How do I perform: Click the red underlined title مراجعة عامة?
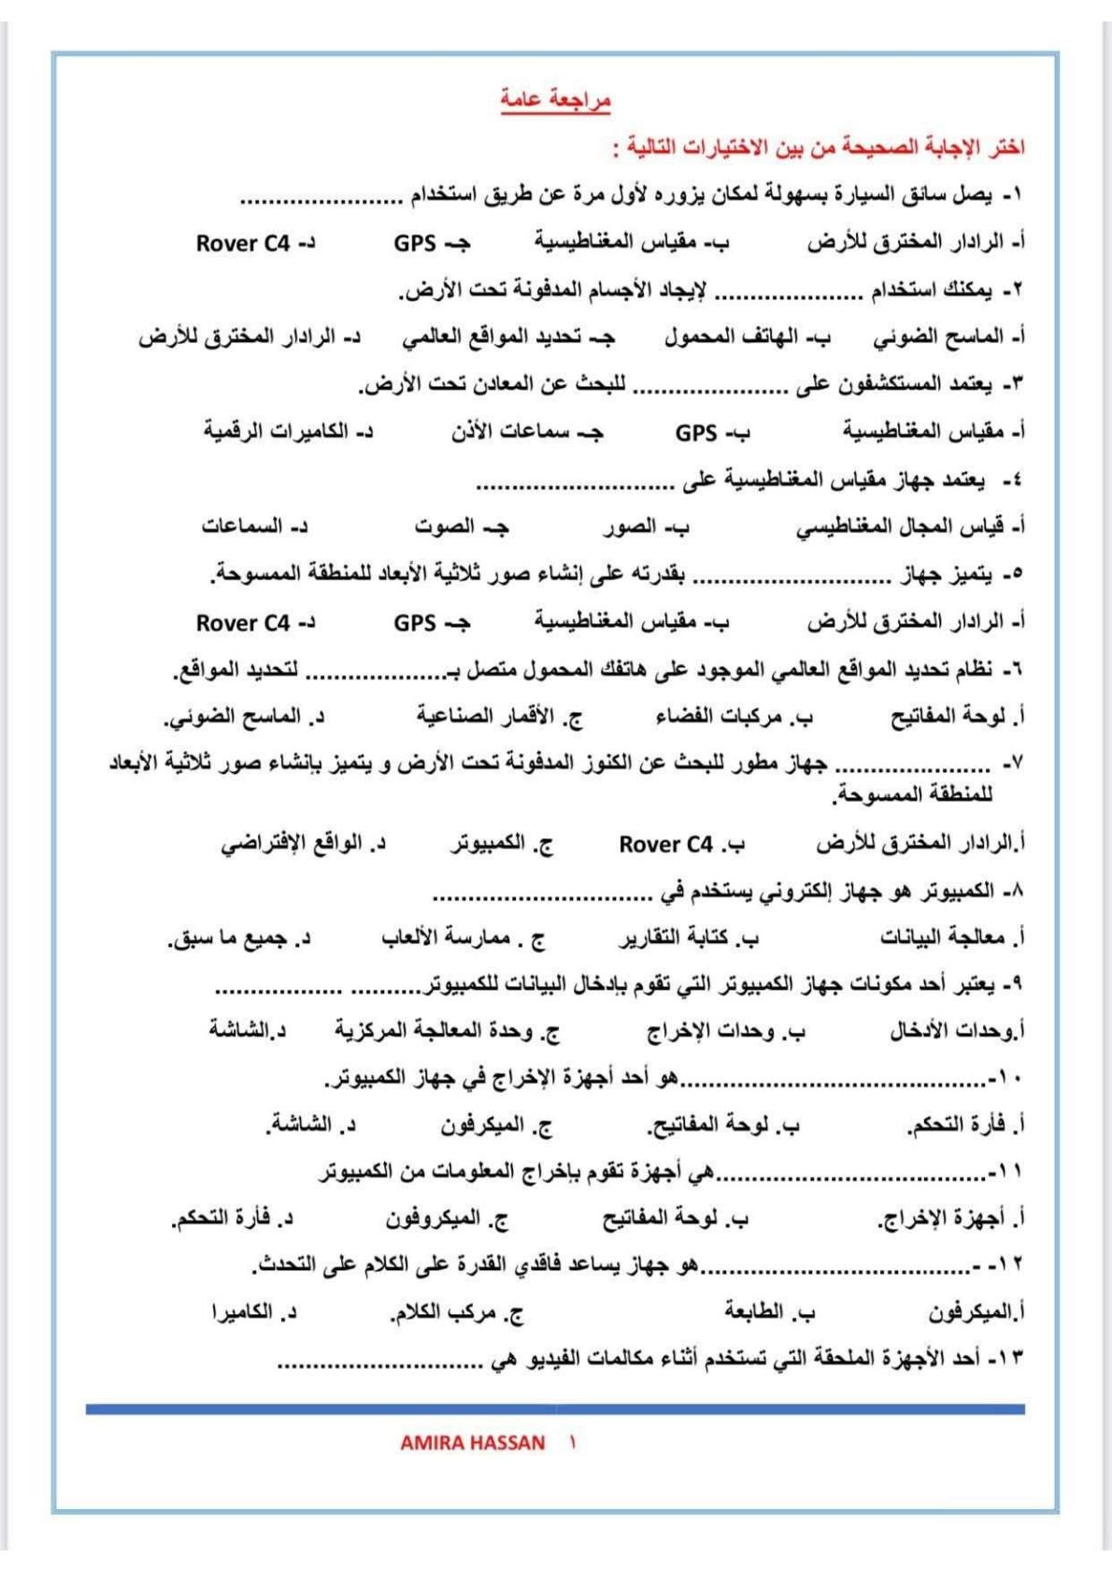tap(555, 99)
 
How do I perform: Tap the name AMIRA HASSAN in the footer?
tap(472, 1442)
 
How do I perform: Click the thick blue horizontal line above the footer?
tap(555, 1408)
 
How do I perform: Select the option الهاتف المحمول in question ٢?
tap(737, 336)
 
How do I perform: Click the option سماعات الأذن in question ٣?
tap(519, 432)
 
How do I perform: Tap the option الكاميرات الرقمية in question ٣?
tap(280, 432)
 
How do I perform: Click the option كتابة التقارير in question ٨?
tap(682, 937)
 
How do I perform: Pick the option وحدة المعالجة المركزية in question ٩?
tap(439, 1031)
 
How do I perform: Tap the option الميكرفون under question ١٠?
tap(490, 1125)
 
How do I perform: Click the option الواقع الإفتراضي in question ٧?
tap(297, 845)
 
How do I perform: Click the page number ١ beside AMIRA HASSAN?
tap(572, 1442)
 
